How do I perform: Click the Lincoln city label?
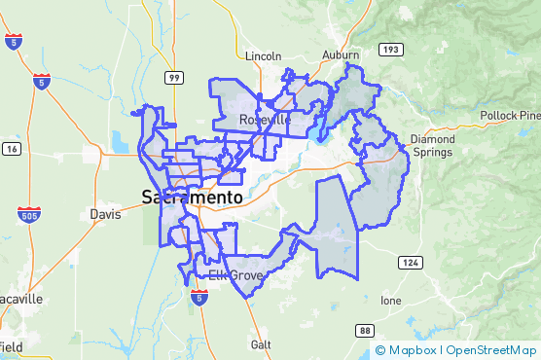263,55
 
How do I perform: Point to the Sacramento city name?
192,197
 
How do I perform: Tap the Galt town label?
260,344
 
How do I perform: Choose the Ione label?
390,301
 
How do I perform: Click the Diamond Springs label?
431,146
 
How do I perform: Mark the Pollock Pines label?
510,116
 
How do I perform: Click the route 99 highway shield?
173,77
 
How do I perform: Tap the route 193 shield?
388,48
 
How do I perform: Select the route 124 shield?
408,263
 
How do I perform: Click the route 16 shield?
12,148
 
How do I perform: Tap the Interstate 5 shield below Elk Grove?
198,296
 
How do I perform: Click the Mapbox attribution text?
406,350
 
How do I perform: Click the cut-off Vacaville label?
19,300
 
